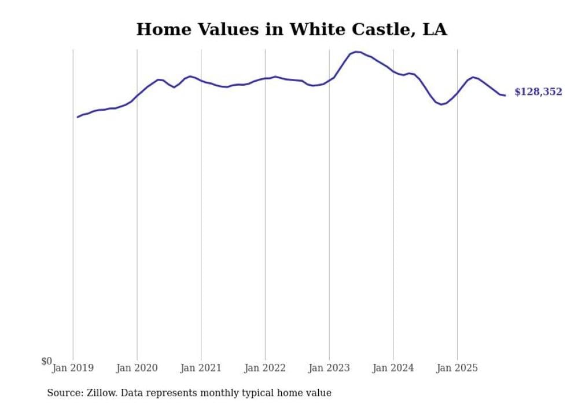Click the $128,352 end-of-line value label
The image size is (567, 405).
click(x=537, y=92)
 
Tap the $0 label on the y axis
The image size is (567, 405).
click(x=46, y=362)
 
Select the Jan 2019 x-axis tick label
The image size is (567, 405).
click(x=73, y=368)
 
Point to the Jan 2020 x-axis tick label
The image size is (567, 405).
click(x=137, y=368)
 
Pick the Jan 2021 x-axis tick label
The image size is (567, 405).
click(x=201, y=368)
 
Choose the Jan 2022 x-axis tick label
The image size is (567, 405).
click(x=265, y=368)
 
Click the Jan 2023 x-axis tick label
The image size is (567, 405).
click(x=329, y=368)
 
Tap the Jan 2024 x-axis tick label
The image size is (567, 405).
click(x=393, y=368)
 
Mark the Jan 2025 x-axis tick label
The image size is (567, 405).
click(x=457, y=368)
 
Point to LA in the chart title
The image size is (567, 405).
click(x=435, y=30)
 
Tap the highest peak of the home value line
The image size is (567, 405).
click(x=356, y=52)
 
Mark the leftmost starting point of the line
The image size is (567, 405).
click(x=78, y=117)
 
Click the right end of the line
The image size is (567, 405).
click(x=505, y=95)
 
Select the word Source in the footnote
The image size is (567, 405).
click(x=63, y=393)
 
